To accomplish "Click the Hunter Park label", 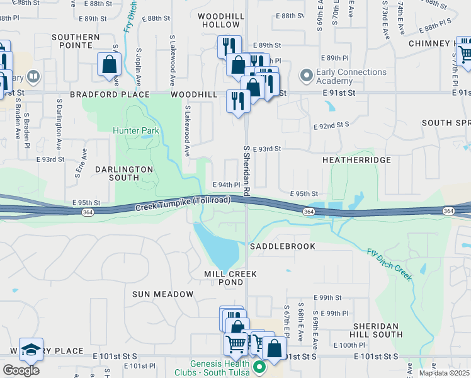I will (x=135, y=130).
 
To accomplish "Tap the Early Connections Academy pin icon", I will (x=307, y=76).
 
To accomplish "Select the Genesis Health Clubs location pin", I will (x=258, y=366).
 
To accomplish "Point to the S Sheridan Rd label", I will (x=247, y=170).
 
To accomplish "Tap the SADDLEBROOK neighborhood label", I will (x=282, y=246).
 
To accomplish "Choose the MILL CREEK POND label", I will (x=224, y=278).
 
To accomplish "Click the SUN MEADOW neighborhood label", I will (x=163, y=294).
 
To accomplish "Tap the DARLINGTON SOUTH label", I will (x=124, y=173).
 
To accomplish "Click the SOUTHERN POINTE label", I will (x=76, y=42).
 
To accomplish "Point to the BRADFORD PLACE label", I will (x=110, y=94).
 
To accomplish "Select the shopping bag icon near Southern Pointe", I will (x=110, y=64).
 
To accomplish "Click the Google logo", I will (x=21, y=370).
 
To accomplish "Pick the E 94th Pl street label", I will (x=227, y=185).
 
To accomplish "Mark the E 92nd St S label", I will (x=332, y=125).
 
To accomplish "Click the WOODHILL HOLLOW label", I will (x=220, y=20).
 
